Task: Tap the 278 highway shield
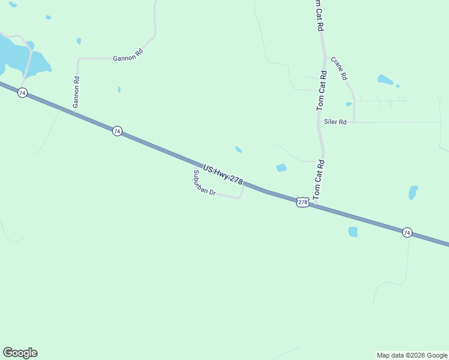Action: pyautogui.click(x=303, y=203)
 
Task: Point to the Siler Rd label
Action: pyautogui.click(x=336, y=122)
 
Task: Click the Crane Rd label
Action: pyautogui.click(x=339, y=69)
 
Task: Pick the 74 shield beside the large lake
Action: pyautogui.click(x=22, y=93)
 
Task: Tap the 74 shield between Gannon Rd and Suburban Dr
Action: pyautogui.click(x=117, y=131)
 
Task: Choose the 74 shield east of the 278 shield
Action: pyautogui.click(x=407, y=232)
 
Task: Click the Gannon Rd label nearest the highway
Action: pyautogui.click(x=76, y=92)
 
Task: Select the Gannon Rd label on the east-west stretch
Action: pyautogui.click(x=128, y=56)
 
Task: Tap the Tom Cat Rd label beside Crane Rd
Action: pyautogui.click(x=322, y=90)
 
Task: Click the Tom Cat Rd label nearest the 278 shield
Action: pyautogui.click(x=319, y=179)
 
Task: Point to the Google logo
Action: pyautogui.click(x=20, y=353)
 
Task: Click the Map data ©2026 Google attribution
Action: pyautogui.click(x=412, y=355)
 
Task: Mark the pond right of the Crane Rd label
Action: pyautogui.click(x=385, y=79)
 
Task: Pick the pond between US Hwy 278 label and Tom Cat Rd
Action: pyautogui.click(x=281, y=167)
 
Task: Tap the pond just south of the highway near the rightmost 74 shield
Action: pyautogui.click(x=353, y=232)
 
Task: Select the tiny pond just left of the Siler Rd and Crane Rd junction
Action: pyautogui.click(x=349, y=104)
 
